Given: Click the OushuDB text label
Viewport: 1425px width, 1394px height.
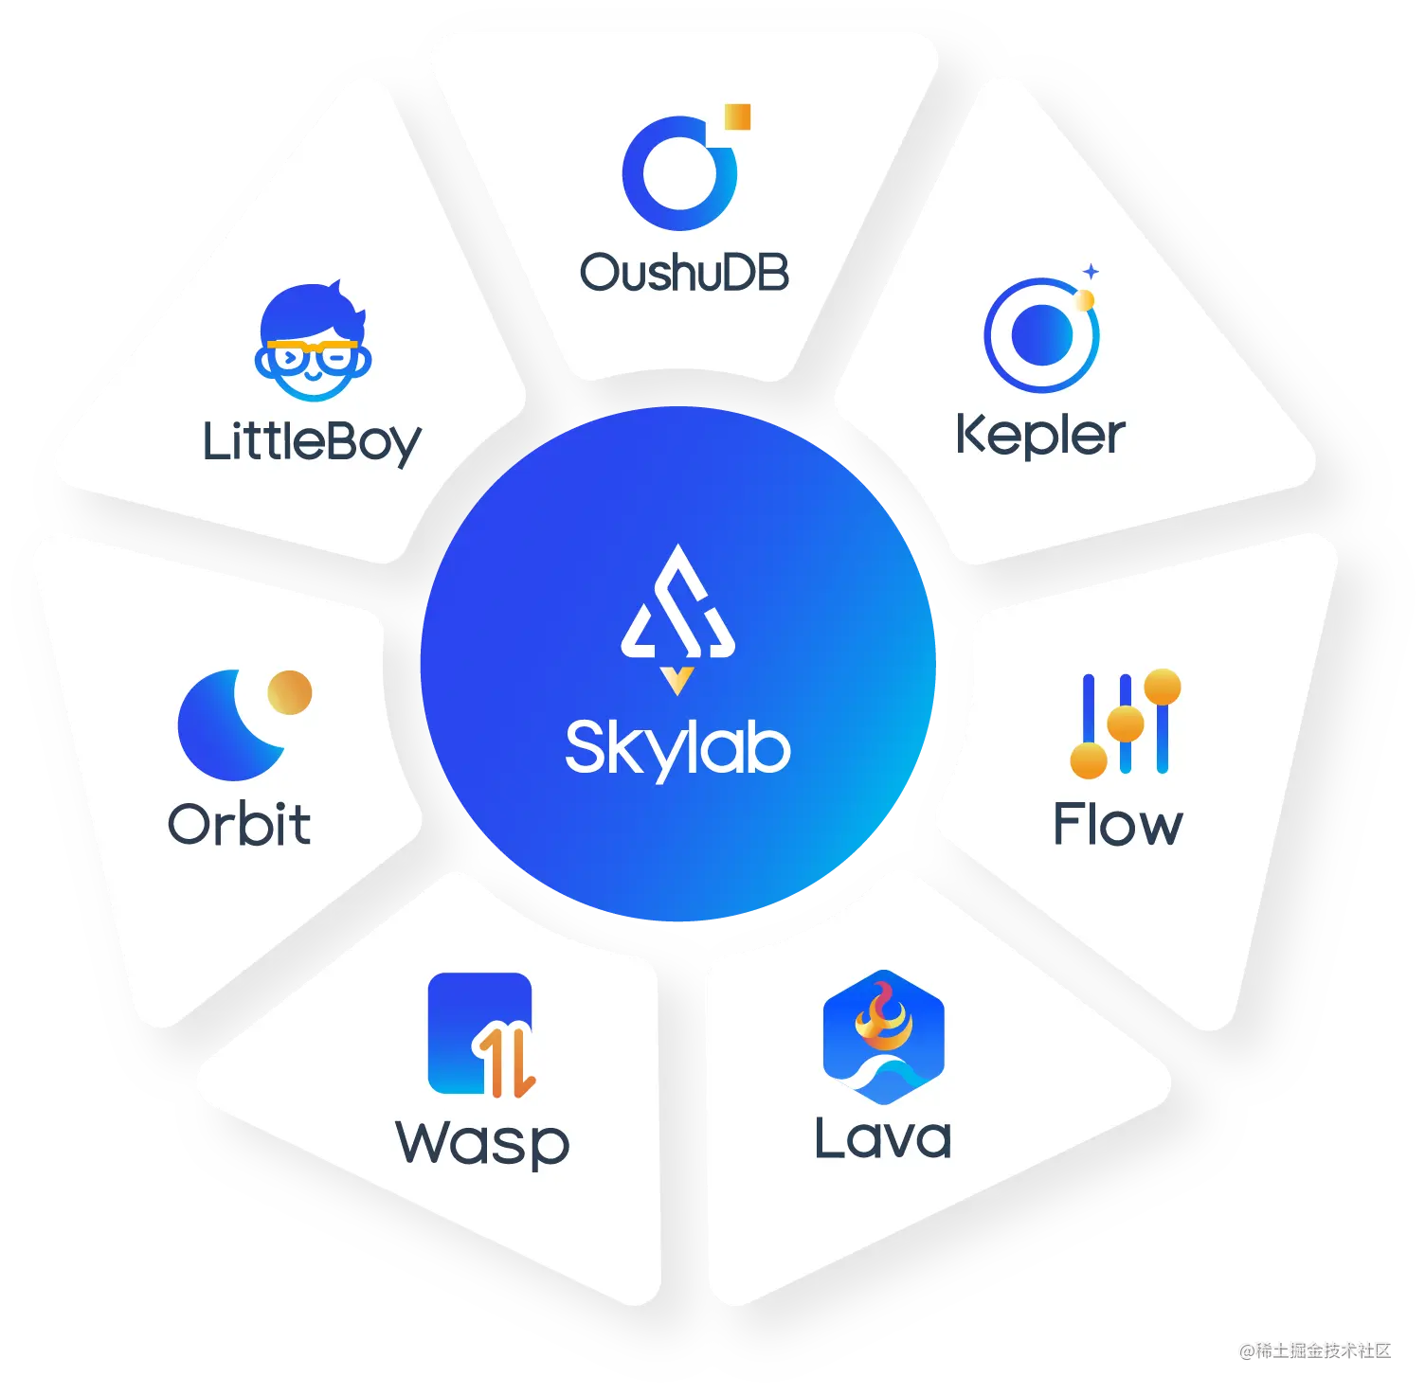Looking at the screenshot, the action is click(x=684, y=272).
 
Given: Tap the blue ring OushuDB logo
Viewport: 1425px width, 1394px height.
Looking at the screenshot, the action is click(x=678, y=173).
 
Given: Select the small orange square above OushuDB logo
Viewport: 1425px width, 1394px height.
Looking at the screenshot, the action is click(x=737, y=116).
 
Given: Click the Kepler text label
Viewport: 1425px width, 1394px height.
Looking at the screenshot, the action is click(x=1040, y=435).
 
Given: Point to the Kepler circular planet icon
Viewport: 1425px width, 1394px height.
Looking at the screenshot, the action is click(x=1041, y=335).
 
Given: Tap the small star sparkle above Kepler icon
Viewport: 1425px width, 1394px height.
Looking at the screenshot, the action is click(x=1091, y=272).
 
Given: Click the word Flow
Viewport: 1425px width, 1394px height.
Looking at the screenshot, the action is click(x=1118, y=824).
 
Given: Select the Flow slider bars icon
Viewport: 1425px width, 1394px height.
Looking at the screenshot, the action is click(x=1126, y=724).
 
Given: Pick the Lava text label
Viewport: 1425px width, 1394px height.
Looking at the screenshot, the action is click(x=883, y=1137).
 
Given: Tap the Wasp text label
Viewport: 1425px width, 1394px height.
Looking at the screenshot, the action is click(x=482, y=1143).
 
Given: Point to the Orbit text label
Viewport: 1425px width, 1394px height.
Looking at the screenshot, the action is click(x=239, y=824).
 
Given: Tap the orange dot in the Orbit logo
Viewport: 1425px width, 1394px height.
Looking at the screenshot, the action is click(x=289, y=692).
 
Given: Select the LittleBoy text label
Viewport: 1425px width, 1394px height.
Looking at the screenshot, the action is click(x=312, y=442).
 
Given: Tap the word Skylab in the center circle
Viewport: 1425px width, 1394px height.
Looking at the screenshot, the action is click(x=677, y=748).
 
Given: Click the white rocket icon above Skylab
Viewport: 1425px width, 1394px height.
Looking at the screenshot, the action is click(x=677, y=611).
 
